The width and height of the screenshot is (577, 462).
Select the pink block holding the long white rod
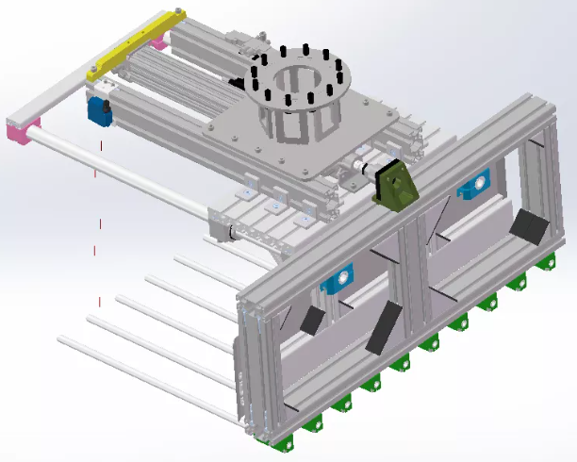[x=23, y=128]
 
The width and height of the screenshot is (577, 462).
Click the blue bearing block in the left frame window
[x=336, y=279]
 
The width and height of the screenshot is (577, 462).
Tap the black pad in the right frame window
[x=528, y=227]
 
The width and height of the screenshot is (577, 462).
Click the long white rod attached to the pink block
[x=123, y=175]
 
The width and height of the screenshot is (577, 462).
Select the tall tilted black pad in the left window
[x=381, y=328]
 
